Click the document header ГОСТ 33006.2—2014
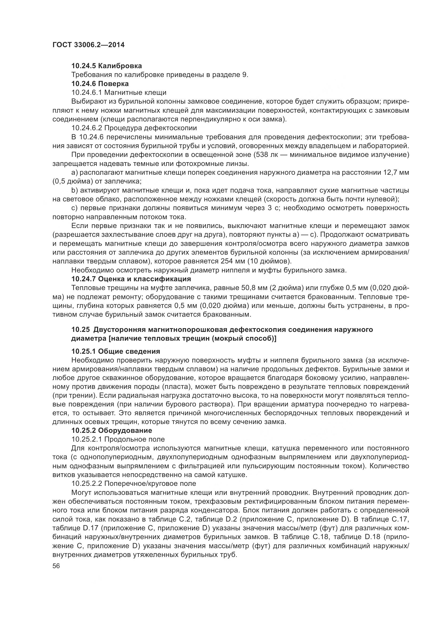tap(88, 45)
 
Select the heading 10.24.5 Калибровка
tap(106, 66)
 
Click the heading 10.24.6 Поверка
tap(100, 84)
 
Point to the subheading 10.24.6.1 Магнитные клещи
tap(119, 92)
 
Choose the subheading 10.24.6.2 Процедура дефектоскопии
tap(134, 128)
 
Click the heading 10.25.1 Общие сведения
tap(115, 351)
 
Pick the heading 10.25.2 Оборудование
tap(112, 430)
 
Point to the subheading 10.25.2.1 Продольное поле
tap(118, 439)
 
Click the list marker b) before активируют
tap(74, 190)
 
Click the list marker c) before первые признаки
tap(74, 208)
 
